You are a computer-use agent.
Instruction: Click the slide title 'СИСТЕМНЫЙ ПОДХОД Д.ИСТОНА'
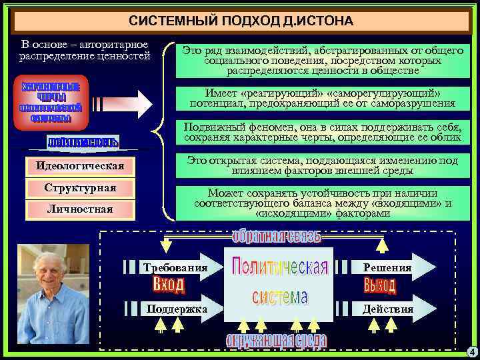pos(241,21)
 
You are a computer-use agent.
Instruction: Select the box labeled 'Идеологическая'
pos(80,165)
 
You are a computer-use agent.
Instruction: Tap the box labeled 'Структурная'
pos(80,188)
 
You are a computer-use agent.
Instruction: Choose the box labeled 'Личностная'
pos(80,210)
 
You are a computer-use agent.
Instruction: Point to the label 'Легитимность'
pos(83,142)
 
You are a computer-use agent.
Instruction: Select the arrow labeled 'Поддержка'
pos(175,309)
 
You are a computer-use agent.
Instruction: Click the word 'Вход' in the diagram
pos(168,286)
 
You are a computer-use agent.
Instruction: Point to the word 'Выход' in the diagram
pos(380,287)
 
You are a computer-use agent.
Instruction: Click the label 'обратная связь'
pos(276,237)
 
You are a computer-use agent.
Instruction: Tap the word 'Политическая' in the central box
pos(279,269)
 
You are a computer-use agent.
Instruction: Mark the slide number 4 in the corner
pos(471,351)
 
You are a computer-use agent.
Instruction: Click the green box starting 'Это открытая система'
pos(323,166)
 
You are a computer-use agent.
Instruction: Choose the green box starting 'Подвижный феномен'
pos(323,132)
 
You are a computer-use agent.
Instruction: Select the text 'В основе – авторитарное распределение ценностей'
pos(83,50)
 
